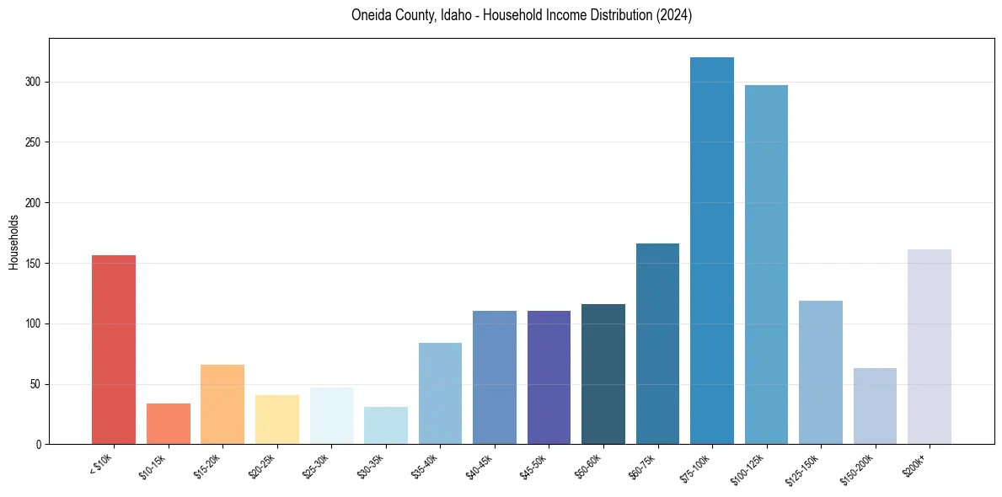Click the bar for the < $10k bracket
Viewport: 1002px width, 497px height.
[x=114, y=350]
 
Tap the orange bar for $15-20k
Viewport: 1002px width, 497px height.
[x=222, y=404]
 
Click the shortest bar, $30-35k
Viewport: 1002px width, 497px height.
[x=385, y=425]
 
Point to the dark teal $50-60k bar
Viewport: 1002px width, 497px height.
[x=603, y=375]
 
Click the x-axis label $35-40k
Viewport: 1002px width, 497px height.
[x=425, y=467]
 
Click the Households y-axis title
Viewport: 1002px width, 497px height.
[x=13, y=242]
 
